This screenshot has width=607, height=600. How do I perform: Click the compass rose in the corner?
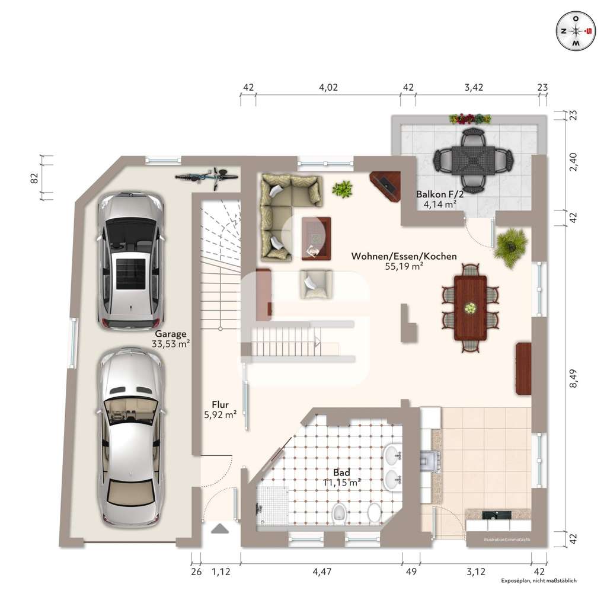[576, 31]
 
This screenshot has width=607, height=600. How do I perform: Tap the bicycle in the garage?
[207, 177]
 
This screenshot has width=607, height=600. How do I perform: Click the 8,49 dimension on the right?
[573, 378]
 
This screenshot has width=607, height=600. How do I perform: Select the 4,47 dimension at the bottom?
[322, 572]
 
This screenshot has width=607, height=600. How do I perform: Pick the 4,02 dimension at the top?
[328, 88]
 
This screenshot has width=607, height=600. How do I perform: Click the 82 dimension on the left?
[34, 178]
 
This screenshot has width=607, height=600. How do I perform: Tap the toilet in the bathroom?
[338, 512]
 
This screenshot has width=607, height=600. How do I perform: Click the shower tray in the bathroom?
[271, 505]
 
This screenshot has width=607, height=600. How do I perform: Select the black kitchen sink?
[497, 515]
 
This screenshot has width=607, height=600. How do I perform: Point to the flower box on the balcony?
[470, 119]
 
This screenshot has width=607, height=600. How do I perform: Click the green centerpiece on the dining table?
[470, 308]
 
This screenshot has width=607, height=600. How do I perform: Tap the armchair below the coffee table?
[317, 284]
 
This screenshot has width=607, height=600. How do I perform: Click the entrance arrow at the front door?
[221, 529]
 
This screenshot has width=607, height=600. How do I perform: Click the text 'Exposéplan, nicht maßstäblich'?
[539, 580]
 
